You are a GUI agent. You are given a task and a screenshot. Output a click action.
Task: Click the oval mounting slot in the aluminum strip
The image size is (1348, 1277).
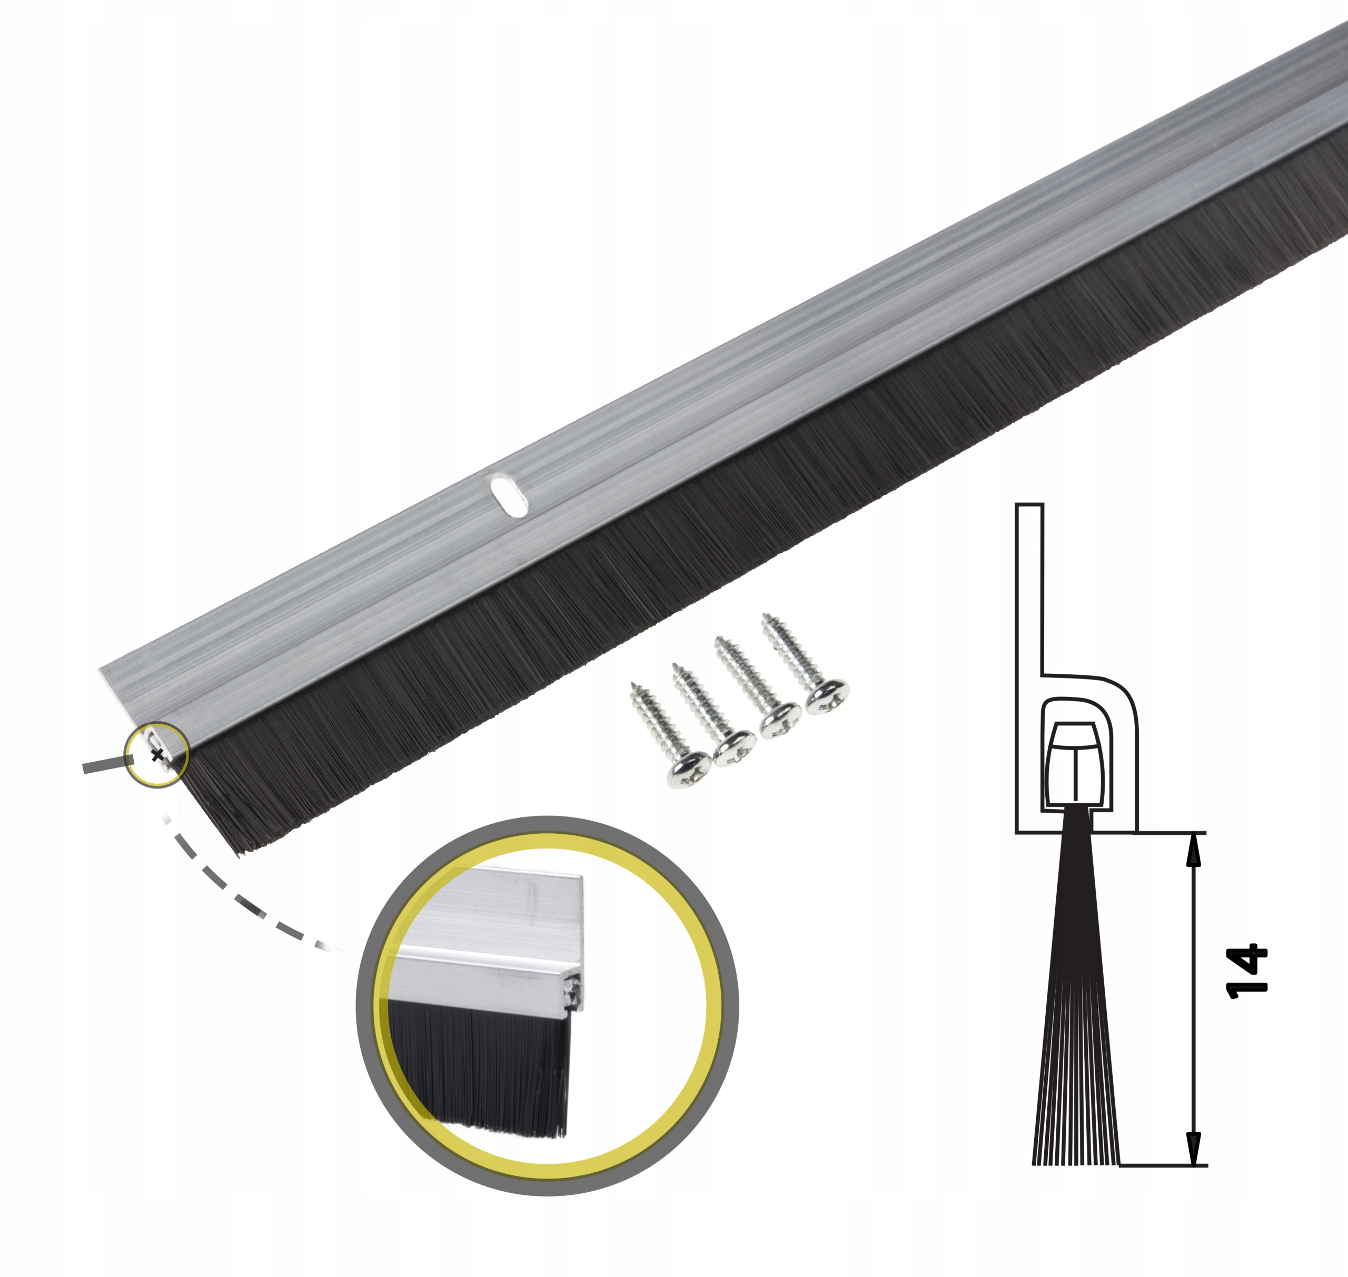(509, 497)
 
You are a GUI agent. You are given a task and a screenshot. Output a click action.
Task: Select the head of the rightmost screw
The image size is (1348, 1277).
(827, 696)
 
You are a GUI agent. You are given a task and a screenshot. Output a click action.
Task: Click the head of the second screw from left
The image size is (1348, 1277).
(735, 750)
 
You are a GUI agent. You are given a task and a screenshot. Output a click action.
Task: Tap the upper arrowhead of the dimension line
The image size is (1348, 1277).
(1193, 850)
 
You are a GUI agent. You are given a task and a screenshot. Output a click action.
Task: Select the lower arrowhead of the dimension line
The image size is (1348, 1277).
(1193, 1149)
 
